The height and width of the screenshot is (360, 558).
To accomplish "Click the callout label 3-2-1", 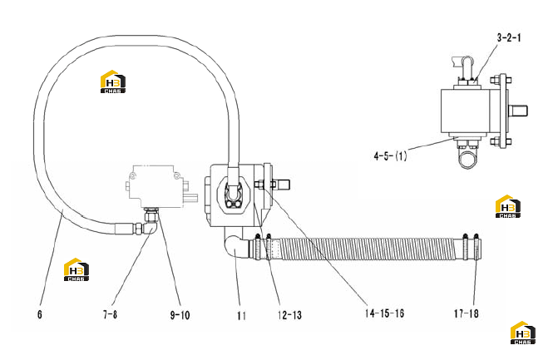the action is click(509, 37).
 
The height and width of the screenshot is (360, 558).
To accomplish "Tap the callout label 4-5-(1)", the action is click(390, 155).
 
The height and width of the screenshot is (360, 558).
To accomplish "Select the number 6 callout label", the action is click(40, 314).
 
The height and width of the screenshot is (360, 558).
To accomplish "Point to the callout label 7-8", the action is click(110, 314).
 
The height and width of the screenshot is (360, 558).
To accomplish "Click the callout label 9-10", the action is click(180, 315).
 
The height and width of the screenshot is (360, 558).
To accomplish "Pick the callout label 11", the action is click(241, 316).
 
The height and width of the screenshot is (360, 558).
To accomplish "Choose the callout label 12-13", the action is click(289, 315).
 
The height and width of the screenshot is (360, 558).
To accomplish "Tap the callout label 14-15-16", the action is click(384, 313).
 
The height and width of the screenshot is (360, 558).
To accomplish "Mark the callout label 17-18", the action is click(466, 313).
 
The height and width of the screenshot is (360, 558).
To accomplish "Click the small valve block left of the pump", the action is click(157, 186).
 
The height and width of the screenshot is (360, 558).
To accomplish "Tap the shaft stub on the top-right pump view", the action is click(518, 111).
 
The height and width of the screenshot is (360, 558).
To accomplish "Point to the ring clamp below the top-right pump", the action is click(468, 160).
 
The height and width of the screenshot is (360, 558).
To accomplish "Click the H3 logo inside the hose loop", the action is click(113, 81).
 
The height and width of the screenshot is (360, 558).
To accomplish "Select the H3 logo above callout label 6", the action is click(77, 269).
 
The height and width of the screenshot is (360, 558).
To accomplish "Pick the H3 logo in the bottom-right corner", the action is click(523, 333).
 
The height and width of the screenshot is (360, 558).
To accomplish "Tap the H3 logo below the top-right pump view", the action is click(508, 206).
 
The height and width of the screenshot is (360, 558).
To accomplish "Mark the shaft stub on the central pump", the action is click(282, 185).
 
